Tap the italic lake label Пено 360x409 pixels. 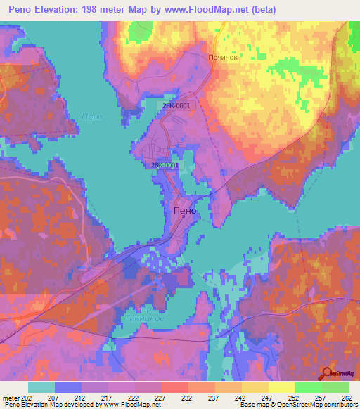92,117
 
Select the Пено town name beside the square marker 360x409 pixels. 185,209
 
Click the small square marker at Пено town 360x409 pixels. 183,217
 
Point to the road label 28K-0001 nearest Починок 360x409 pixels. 176,105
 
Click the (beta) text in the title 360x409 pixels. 257,10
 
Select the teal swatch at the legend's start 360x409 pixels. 41,387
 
